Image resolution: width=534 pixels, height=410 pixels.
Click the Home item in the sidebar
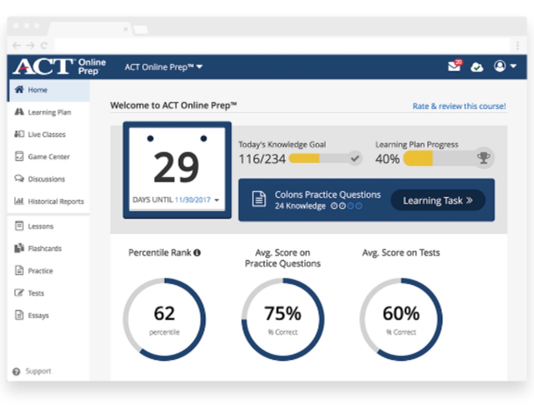[x=37, y=90]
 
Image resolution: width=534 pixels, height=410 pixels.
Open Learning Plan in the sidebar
[x=49, y=112]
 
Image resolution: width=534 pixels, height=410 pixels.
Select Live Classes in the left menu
[x=46, y=134]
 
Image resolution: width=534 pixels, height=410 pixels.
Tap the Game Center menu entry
[x=48, y=156]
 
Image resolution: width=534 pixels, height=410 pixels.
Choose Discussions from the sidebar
[x=46, y=179]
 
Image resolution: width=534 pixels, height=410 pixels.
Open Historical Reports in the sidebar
[x=55, y=201]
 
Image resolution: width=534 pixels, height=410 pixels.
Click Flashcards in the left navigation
[x=44, y=248]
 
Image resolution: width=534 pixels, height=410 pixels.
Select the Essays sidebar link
[x=38, y=315]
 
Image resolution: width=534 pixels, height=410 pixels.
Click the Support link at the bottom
[x=38, y=371]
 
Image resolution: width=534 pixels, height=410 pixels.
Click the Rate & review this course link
[x=459, y=106]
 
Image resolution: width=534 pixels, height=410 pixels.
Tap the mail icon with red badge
[x=454, y=66]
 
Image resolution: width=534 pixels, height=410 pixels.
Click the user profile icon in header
[x=500, y=66]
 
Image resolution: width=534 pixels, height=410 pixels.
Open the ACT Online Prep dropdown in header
[x=163, y=67]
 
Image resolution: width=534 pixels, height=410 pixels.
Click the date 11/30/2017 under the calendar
[x=192, y=200]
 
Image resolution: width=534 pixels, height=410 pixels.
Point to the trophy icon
[x=483, y=158]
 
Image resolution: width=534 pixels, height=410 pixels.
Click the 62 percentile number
[x=164, y=313]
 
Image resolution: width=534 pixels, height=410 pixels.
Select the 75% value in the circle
[x=282, y=313]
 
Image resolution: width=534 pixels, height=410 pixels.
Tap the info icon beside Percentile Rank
[x=197, y=253]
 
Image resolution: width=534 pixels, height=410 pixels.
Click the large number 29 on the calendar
[x=176, y=167]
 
